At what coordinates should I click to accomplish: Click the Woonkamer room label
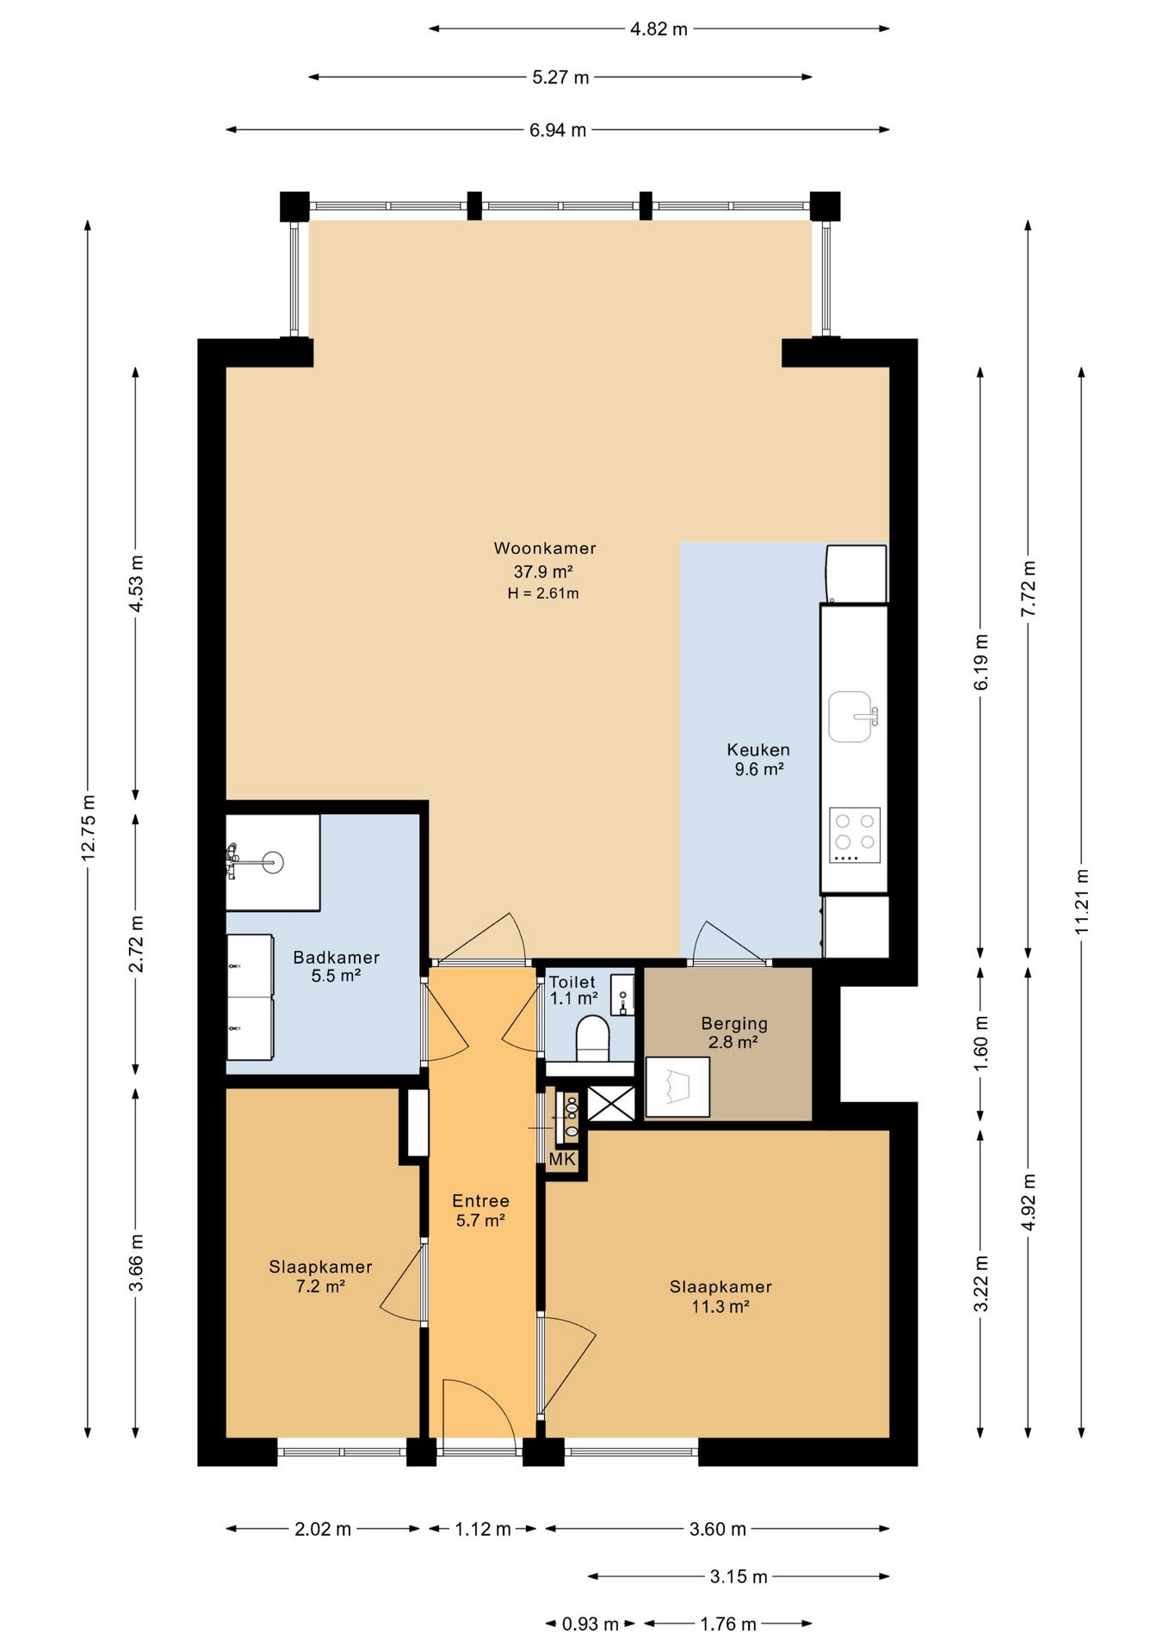pos(544,548)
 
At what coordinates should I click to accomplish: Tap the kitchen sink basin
pos(850,716)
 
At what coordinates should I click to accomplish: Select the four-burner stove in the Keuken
pos(855,835)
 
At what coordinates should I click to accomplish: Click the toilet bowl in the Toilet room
pos(592,1038)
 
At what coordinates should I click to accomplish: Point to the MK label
pos(562,1159)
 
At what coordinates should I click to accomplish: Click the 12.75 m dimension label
pos(88,828)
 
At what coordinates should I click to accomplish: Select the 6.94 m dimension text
pos(558,130)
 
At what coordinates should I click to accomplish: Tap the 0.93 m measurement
pos(591,1624)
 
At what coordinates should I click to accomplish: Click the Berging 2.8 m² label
pos(733,1032)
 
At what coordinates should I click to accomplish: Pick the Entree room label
pos(480,1200)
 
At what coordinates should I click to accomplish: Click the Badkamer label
pos(336,957)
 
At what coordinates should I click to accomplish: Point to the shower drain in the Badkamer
pos(273,861)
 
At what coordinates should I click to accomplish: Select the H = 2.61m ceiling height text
pos(543,593)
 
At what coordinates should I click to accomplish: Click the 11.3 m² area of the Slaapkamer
pos(721,1306)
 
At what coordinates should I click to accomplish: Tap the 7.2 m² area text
pos(320,1286)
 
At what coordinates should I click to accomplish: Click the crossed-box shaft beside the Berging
pos(611,1103)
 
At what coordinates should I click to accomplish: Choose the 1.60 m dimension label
pos(980,1042)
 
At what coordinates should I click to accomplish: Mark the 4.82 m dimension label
pos(659,29)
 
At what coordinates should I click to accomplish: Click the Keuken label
pos(758,749)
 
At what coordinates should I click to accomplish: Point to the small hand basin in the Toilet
pos(622,995)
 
